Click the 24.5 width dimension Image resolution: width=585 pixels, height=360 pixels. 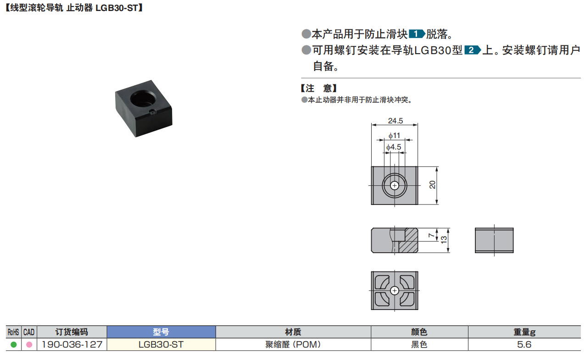(x=395, y=121)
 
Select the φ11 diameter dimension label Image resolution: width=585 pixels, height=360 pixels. (x=394, y=135)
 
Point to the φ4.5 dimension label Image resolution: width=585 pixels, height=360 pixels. (x=394, y=147)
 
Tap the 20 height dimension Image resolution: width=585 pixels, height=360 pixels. (x=432, y=185)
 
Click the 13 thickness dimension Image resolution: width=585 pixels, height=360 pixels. (x=444, y=240)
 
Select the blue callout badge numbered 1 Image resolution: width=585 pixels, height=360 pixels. (x=416, y=34)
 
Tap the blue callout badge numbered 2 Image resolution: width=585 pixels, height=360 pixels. (x=473, y=50)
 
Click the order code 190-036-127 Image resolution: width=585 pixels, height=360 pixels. (x=72, y=344)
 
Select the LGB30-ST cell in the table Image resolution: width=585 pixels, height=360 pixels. (x=161, y=344)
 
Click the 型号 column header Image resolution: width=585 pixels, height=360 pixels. (x=161, y=332)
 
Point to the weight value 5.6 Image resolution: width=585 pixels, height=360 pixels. (x=524, y=344)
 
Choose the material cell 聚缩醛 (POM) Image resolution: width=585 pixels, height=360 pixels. (x=293, y=344)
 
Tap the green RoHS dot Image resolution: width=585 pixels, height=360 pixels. (x=13, y=344)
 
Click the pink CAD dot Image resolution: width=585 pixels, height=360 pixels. (x=29, y=344)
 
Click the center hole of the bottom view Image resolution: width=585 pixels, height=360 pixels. (x=395, y=291)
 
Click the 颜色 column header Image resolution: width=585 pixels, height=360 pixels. (x=419, y=332)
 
